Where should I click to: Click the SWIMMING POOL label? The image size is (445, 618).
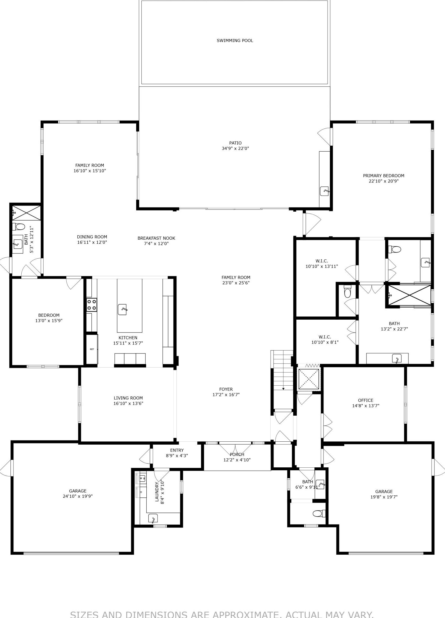(x=235, y=41)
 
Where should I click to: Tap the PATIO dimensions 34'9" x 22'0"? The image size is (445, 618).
(x=235, y=148)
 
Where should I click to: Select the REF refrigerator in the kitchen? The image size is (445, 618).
(x=92, y=349)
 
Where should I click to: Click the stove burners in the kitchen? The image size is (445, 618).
(x=91, y=305)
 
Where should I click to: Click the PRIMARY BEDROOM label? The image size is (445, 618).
(x=383, y=176)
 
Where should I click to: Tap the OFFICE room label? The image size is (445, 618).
(x=366, y=400)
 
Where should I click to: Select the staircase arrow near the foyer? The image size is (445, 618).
(x=283, y=389)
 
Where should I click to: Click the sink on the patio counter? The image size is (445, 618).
(x=324, y=191)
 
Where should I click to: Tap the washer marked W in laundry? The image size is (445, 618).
(x=142, y=478)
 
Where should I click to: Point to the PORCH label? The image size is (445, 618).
(x=237, y=455)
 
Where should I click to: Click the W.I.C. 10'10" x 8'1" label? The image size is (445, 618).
(x=325, y=337)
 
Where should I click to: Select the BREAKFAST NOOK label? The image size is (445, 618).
(x=156, y=238)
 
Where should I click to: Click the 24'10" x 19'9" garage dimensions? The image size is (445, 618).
(x=78, y=496)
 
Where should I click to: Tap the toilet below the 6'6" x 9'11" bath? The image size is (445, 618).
(x=318, y=513)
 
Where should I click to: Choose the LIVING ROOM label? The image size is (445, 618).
(x=128, y=398)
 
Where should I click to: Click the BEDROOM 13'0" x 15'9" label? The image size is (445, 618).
(x=49, y=315)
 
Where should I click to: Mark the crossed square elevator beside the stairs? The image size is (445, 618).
(x=309, y=379)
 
